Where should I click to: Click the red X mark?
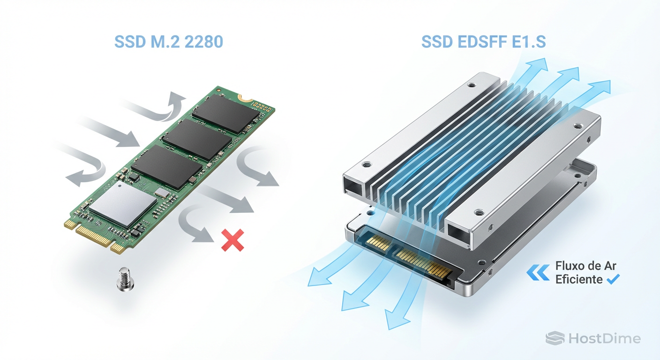click(x=232, y=240)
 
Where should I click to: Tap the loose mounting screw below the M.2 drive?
click(x=125, y=279)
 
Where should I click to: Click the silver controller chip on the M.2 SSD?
click(x=123, y=203)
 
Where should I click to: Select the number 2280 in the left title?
click(x=203, y=42)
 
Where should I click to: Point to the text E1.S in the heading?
click(x=529, y=42)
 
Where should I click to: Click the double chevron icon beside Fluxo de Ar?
click(x=538, y=272)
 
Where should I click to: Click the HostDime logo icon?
click(x=555, y=338)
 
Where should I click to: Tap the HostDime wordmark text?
click(x=605, y=338)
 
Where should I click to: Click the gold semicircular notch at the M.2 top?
click(x=245, y=98)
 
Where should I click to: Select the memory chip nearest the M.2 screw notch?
click(x=226, y=113)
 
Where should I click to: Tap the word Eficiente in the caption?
click(x=579, y=279)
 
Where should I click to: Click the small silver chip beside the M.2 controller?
click(x=162, y=193)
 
